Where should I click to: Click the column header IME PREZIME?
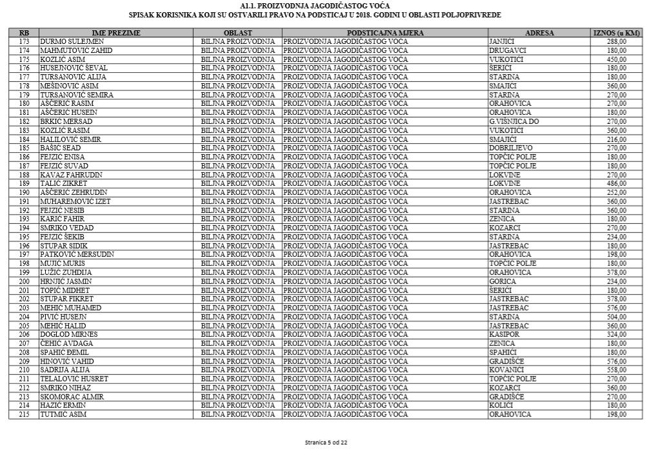pyautogui.click(x=116, y=32)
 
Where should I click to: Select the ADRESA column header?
pyautogui.click(x=539, y=32)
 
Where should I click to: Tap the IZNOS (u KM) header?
pyautogui.click(x=616, y=32)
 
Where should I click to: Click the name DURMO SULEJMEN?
pyautogui.click(x=72, y=41)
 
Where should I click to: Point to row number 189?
pyautogui.click(x=24, y=183)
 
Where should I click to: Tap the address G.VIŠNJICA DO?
pyautogui.click(x=514, y=121)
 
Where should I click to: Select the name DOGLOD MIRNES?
pyautogui.click(x=69, y=334)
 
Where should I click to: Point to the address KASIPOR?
pyautogui.click(x=505, y=334)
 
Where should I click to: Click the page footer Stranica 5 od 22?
pyautogui.click(x=326, y=442)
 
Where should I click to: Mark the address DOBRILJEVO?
pyautogui.click(x=511, y=148)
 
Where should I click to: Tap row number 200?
pyautogui.click(x=24, y=281)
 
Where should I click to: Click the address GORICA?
pyautogui.click(x=503, y=281)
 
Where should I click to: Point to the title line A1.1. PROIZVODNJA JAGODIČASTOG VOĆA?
pyautogui.click(x=314, y=6)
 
